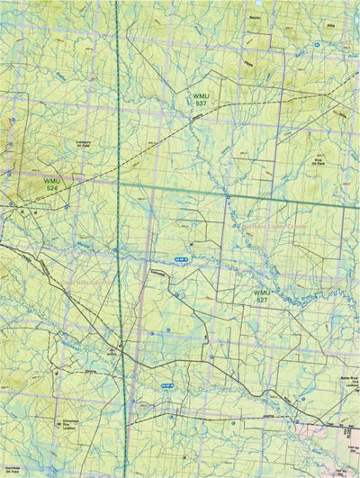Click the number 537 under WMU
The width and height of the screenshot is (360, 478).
tap(200, 104)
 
